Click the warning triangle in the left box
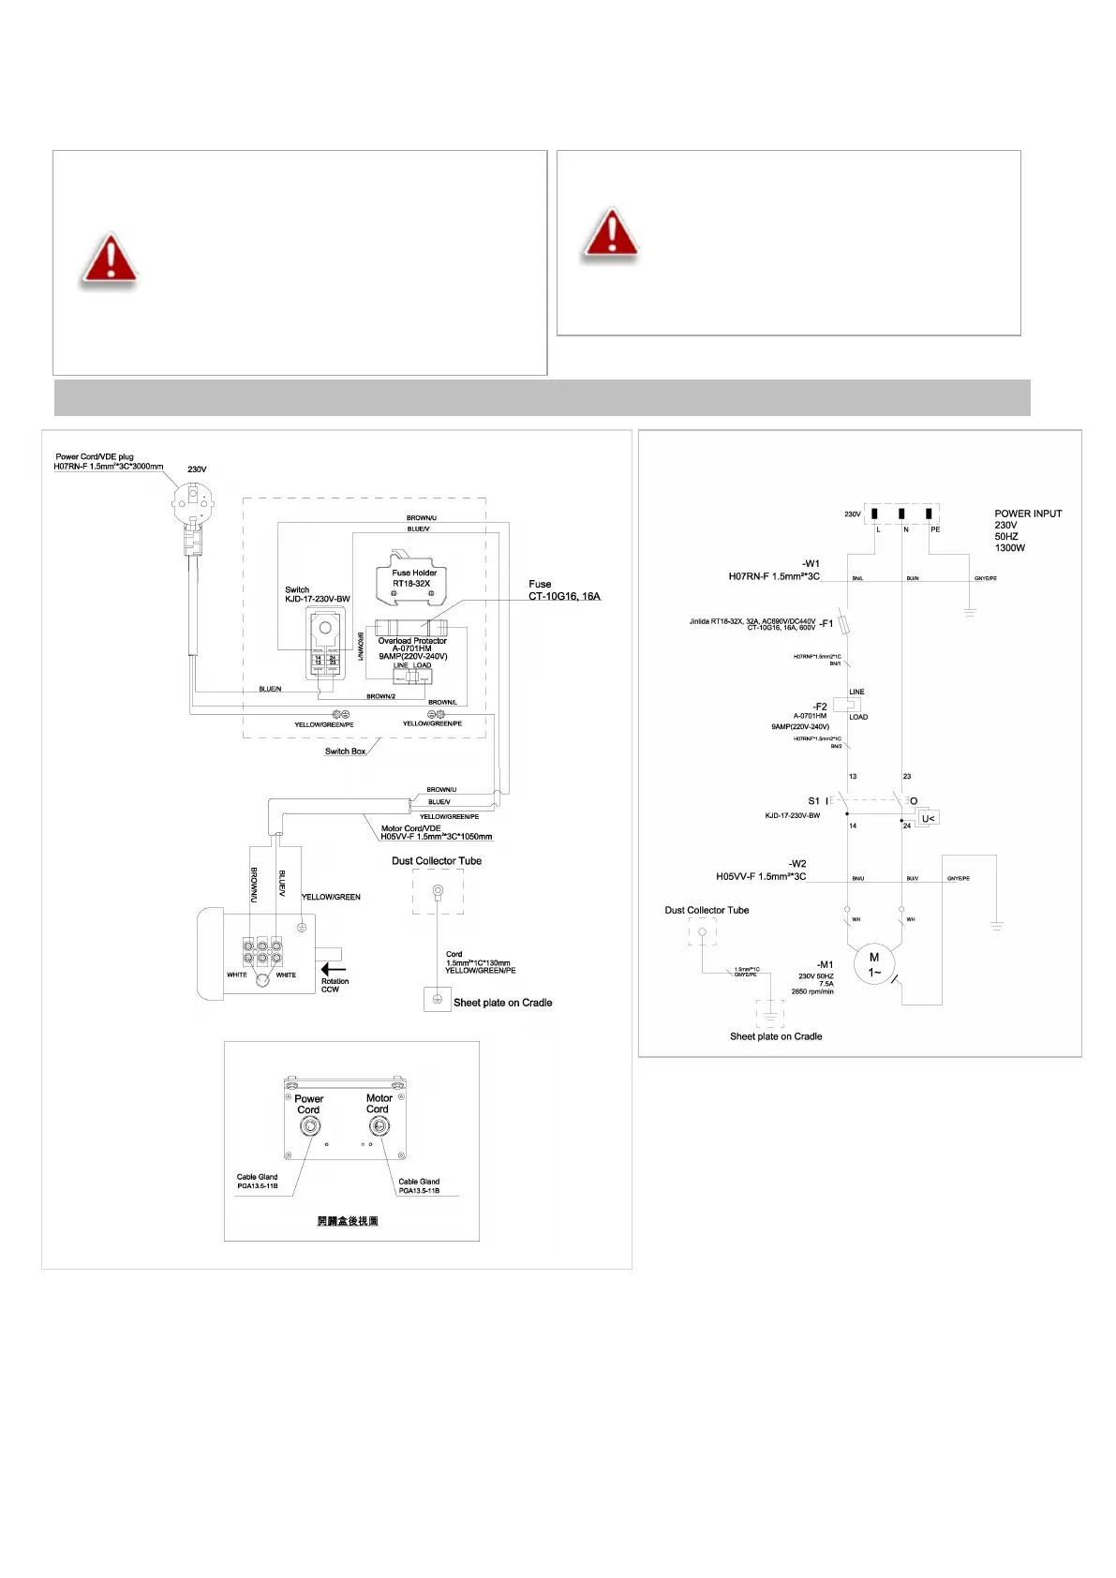(x=110, y=259)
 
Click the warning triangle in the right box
(x=611, y=233)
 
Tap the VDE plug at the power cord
(x=193, y=505)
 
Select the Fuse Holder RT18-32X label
(x=413, y=577)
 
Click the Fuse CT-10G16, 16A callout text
(x=564, y=590)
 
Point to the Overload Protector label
(x=412, y=641)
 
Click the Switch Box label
(x=345, y=752)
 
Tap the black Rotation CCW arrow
(x=334, y=969)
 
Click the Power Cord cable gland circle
(x=309, y=1126)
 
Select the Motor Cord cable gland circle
(x=379, y=1125)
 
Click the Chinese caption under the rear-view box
(x=348, y=1221)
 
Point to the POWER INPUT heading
(x=1028, y=514)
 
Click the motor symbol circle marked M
(x=874, y=963)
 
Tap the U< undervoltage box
(x=928, y=818)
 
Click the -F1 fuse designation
(x=826, y=623)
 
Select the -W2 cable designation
(x=796, y=864)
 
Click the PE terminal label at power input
(x=935, y=529)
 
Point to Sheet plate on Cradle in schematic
(x=776, y=1036)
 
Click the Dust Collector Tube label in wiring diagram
(x=437, y=860)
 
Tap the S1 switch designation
(x=813, y=801)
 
